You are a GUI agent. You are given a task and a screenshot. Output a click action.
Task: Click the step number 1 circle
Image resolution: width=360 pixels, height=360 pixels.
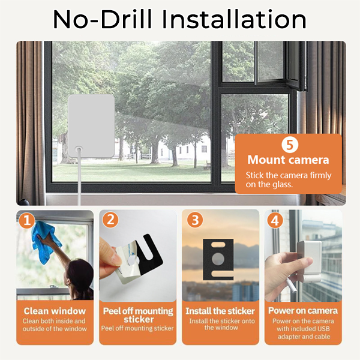(x=27, y=220)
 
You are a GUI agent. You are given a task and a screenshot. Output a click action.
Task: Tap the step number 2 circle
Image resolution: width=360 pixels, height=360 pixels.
(x=110, y=220)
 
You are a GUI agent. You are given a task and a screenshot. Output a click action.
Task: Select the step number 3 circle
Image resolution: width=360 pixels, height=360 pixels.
(x=195, y=220)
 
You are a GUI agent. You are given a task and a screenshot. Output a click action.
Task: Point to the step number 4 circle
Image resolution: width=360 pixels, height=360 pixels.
(x=275, y=220)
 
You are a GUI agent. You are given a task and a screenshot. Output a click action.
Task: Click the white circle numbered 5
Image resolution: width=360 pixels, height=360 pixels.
(x=290, y=145)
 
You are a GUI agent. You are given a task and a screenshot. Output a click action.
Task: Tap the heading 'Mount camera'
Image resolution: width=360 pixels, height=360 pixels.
(x=288, y=160)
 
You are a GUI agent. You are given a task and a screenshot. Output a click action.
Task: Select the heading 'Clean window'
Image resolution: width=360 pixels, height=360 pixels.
(x=55, y=311)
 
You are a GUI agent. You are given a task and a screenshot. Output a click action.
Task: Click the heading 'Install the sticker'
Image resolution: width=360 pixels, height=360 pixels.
(x=220, y=311)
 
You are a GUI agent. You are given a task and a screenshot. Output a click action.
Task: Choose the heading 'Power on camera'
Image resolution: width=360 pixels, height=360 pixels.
(x=303, y=311)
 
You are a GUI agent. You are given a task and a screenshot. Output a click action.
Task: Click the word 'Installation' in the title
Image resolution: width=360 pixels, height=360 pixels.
(x=234, y=19)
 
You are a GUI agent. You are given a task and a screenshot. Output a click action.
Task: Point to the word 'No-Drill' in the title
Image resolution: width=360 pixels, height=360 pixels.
(x=103, y=19)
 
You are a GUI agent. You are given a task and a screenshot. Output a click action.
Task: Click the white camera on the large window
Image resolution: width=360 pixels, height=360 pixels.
(x=91, y=126)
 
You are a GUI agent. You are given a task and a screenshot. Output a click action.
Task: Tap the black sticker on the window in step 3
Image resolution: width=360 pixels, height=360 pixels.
(x=218, y=259)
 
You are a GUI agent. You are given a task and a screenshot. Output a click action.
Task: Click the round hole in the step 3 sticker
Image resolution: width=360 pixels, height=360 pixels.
(x=218, y=259)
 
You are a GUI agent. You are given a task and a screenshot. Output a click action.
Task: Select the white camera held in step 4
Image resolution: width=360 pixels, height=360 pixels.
(x=309, y=261)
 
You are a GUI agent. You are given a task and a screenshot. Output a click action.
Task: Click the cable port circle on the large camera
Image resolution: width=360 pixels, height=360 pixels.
(x=79, y=149)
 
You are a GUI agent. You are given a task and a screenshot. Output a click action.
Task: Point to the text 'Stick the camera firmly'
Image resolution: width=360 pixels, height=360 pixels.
(x=289, y=175)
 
